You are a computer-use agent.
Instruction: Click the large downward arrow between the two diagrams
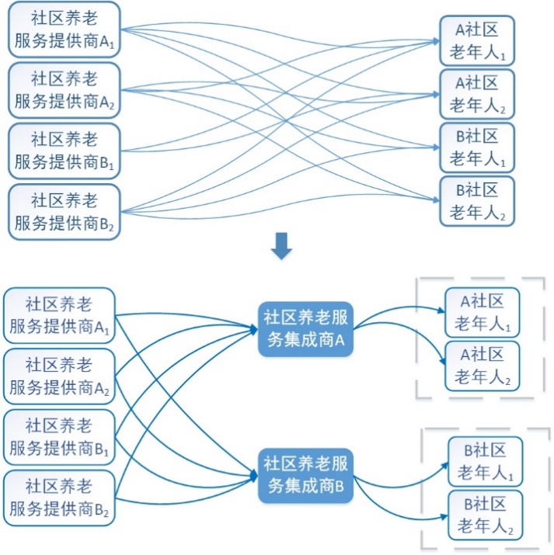281,248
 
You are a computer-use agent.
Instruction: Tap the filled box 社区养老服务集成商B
306,475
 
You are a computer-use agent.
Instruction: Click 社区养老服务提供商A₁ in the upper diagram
65,30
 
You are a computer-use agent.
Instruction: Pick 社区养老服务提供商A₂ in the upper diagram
65,91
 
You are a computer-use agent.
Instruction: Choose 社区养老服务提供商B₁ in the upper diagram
65,151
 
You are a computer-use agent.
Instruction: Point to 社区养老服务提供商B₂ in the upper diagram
65,211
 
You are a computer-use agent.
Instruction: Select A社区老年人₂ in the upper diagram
477,93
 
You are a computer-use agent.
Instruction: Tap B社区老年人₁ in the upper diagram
477,147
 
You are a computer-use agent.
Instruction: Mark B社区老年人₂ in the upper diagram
477,199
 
